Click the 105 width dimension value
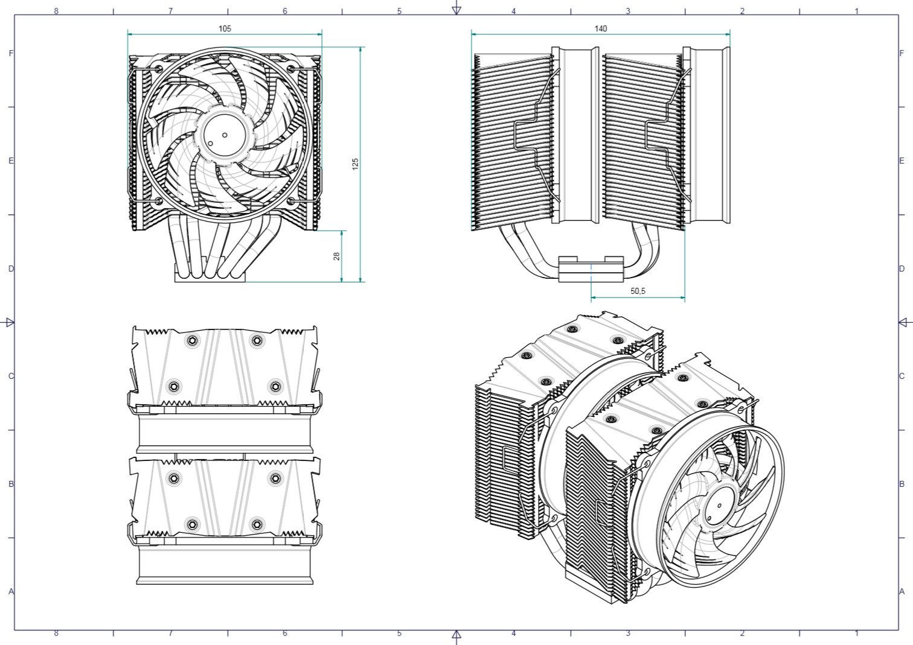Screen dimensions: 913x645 pos(225,28)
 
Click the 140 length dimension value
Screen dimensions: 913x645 pos(600,28)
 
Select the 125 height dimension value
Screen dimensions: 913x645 pos(356,164)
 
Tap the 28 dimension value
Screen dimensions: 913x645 pos(336,256)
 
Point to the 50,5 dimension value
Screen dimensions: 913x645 pos(638,291)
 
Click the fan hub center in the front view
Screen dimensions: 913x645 pos(225,135)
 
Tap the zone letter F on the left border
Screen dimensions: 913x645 pos(11,53)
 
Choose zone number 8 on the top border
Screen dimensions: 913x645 pos(56,11)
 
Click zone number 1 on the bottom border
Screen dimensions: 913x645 pos(856,633)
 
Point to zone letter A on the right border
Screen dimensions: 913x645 pos(902,591)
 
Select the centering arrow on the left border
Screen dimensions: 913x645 pos(9,323)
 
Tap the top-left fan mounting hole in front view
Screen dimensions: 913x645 pos(159,68)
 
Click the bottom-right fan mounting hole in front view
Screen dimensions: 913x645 pos(291,201)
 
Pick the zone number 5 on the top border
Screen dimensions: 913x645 pos(399,11)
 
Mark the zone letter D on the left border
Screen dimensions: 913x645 pos(11,268)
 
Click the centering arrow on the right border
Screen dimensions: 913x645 pos(904,323)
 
